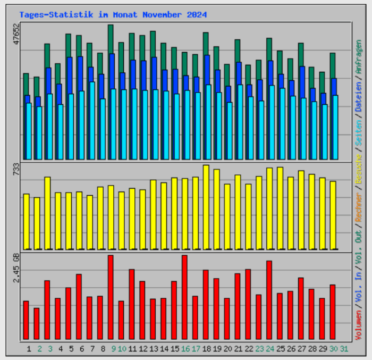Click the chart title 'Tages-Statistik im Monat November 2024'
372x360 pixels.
[x=113, y=15]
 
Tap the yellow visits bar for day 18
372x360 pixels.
[x=206, y=207]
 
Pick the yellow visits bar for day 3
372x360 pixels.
[x=47, y=213]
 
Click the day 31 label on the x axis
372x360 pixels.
[x=344, y=349]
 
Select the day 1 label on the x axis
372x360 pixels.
[x=29, y=349]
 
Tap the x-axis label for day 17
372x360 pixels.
[x=196, y=349]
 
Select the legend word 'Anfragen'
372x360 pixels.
[x=360, y=57]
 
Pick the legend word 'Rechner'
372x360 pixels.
[x=360, y=208]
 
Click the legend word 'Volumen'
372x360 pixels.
[x=360, y=323]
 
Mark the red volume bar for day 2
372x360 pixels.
[x=37, y=323]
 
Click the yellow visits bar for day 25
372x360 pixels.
[x=280, y=208]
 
